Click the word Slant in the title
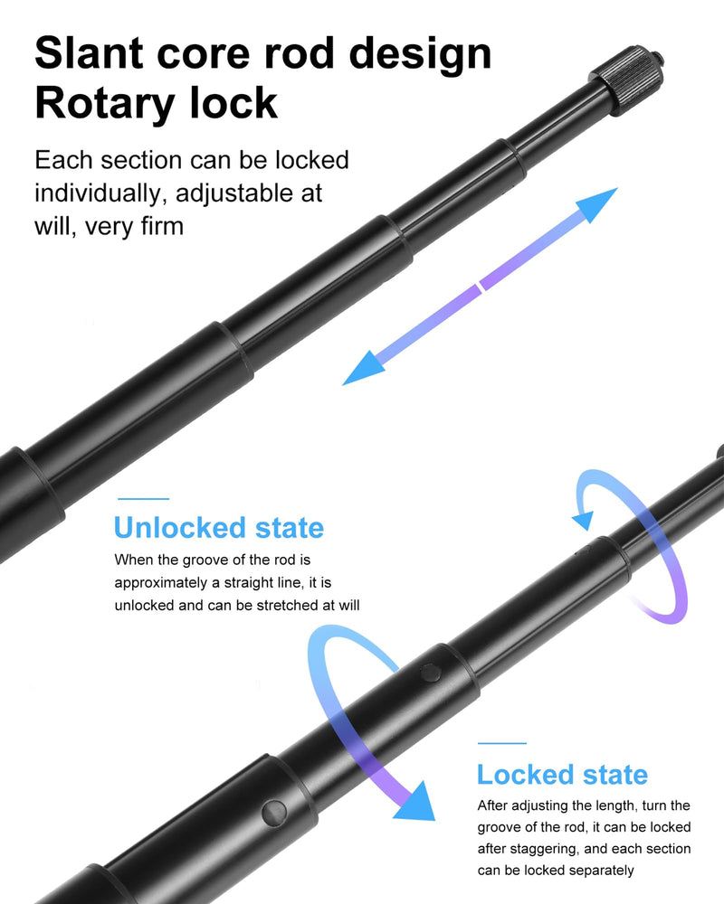(x=90, y=53)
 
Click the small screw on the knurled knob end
(x=659, y=58)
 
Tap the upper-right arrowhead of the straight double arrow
(x=597, y=203)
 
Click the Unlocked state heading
(x=219, y=528)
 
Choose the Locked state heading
(x=562, y=775)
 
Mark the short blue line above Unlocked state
(x=143, y=499)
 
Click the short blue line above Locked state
(x=501, y=743)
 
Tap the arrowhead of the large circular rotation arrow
(x=415, y=803)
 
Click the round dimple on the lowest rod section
(x=274, y=813)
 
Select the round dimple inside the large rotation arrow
(x=431, y=673)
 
